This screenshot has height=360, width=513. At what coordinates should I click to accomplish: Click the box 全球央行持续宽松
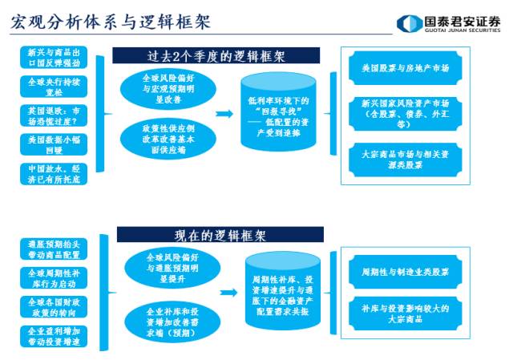pos(53,86)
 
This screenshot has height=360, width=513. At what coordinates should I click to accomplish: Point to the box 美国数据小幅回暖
pos(53,144)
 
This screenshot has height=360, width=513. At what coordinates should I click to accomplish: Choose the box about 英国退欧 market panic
pos(53,115)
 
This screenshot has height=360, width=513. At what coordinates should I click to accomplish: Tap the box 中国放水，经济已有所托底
pos(53,174)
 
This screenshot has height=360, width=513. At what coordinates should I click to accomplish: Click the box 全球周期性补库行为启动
pos(53,278)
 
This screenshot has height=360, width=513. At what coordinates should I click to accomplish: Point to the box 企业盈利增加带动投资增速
pos(53,336)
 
